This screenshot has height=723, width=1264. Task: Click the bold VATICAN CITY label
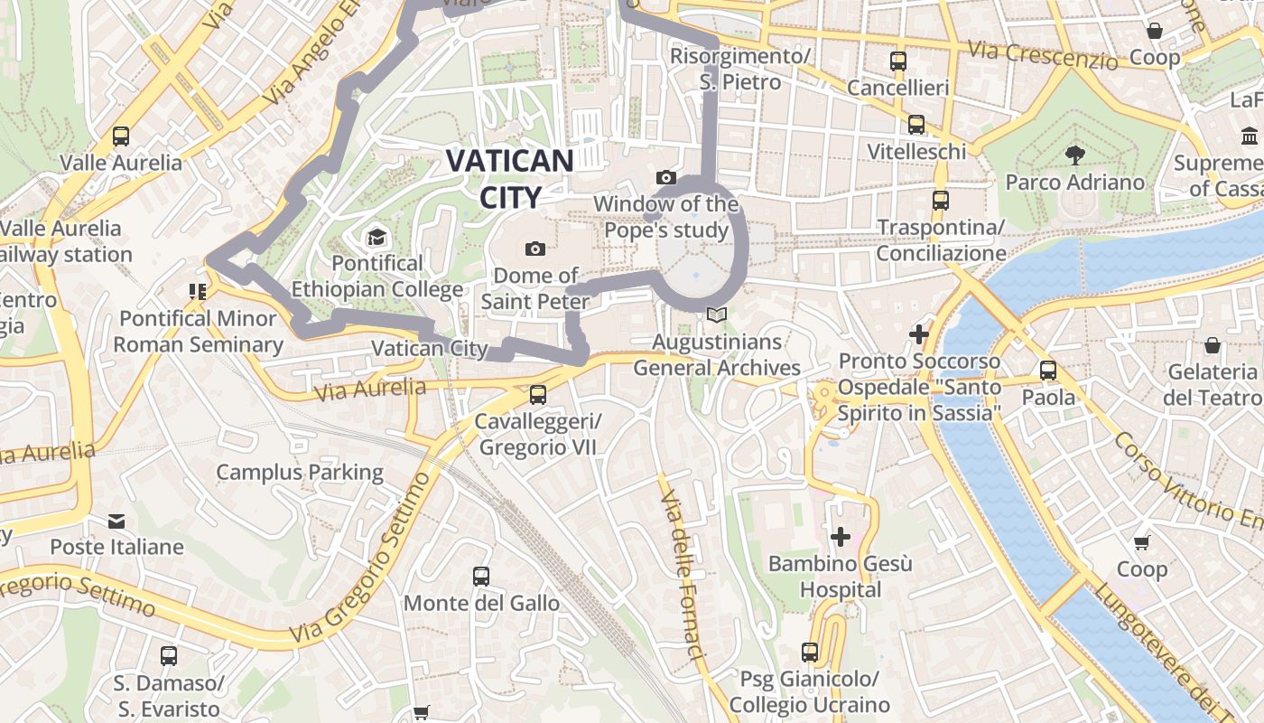pos(510,178)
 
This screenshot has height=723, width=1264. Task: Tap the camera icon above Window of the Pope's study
pos(666,177)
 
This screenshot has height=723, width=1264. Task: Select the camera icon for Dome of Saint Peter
pos(535,249)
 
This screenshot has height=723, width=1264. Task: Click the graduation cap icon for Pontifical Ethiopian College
pos(376,238)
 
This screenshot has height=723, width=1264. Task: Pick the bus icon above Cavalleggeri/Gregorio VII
pos(538,395)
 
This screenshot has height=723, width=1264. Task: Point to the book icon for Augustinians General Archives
pos(717,315)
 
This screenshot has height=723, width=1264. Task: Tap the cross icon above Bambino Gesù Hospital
pos(841,537)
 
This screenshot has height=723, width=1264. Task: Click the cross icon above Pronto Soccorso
pos(919,334)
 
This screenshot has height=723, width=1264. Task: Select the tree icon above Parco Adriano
pos(1074,155)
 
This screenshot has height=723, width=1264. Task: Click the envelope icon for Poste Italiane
pos(116,521)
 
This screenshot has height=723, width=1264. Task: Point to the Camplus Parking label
pos(300,472)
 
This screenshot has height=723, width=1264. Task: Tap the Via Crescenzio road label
pos(1041,55)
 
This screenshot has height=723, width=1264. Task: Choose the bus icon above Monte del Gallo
pos(481,577)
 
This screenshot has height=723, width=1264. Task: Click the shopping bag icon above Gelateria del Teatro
pos(1213,345)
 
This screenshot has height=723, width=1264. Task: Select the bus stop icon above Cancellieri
pos(898,61)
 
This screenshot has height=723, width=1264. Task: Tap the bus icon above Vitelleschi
pos(916,125)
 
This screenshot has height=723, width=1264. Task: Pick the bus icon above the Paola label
pos(1048,371)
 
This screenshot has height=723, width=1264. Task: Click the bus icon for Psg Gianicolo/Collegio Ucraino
pos(810,653)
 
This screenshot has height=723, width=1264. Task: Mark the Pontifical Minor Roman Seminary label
pos(198,331)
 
